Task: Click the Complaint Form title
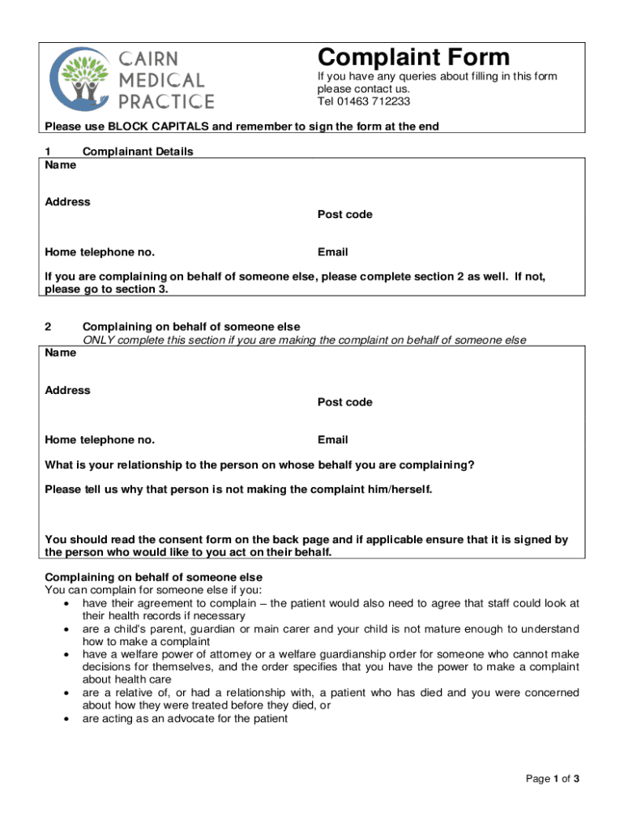[413, 58]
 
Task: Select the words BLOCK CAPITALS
[158, 126]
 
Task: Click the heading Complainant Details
[138, 152]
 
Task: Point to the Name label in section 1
[61, 165]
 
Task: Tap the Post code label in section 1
[344, 215]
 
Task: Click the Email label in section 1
[332, 252]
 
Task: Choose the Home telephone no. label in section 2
[100, 440]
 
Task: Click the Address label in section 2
[67, 390]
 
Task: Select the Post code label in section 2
[344, 403]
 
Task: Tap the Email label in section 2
[332, 440]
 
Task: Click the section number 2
[48, 327]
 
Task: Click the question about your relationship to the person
[259, 465]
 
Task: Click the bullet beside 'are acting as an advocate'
[65, 718]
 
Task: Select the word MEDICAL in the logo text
[163, 80]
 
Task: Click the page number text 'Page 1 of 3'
[552, 780]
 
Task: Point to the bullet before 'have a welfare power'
[65, 654]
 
